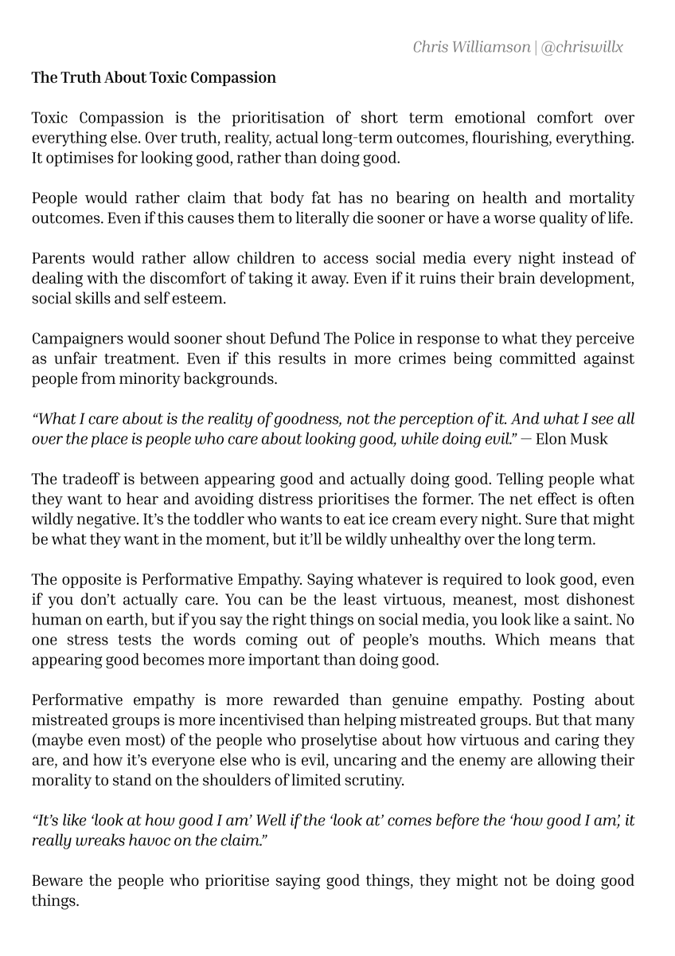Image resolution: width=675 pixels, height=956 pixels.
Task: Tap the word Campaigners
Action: pos(75,339)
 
